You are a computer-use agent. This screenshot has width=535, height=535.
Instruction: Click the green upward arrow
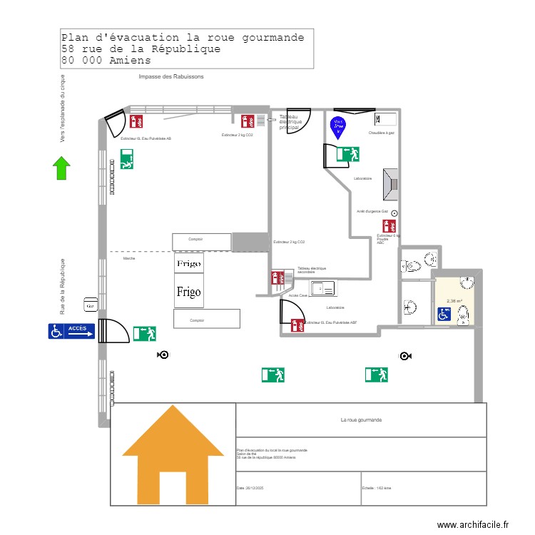pos(61,168)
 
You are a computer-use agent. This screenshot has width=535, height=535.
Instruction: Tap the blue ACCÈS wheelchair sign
pos(71,330)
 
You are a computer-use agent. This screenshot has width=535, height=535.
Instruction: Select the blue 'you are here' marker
pos(337,127)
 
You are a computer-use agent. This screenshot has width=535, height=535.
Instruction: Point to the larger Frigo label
pos(189,292)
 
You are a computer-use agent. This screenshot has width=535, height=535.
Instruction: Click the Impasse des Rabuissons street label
pos(171,76)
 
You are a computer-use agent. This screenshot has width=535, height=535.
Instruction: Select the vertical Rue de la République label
pos(63,287)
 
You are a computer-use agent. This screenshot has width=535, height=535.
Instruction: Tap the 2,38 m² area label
pos(454,301)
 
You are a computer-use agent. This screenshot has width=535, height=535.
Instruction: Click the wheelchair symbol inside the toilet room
pos(444,314)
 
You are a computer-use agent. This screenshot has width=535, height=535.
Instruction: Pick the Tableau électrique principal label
pos(290,122)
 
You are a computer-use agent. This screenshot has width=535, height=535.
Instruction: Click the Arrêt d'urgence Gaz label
pos(372,212)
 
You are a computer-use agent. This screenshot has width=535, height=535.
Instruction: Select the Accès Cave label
pos(297,295)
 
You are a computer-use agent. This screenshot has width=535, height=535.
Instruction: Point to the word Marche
pos(129,258)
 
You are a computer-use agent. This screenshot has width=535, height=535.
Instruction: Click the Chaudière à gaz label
pos(382,133)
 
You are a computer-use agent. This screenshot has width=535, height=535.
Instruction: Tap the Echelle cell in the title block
pos(424,489)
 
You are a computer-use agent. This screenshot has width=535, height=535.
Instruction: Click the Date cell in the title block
pos(298,489)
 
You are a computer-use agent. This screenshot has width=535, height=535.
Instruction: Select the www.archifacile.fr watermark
pos(473,524)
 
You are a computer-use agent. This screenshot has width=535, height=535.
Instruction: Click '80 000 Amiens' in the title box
pos(106,61)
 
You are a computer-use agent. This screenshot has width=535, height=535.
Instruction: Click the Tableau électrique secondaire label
pos(312,270)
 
